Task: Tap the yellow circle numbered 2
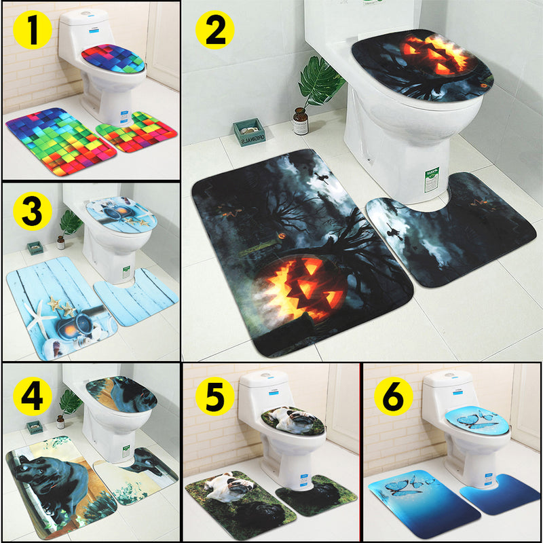[x=215, y=30]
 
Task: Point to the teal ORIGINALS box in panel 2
[x=248, y=132]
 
